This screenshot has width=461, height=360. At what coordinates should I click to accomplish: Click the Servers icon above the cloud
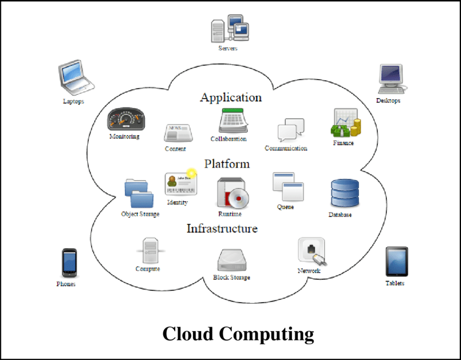point(229,29)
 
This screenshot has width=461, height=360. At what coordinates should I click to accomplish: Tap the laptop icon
point(75,78)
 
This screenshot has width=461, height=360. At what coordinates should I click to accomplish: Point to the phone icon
point(69,263)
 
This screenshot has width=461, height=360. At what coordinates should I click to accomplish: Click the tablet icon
point(396,261)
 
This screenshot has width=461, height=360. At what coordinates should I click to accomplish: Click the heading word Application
point(230,98)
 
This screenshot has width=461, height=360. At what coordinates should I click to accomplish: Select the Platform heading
point(227,164)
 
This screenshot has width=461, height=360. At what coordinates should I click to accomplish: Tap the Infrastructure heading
point(222,228)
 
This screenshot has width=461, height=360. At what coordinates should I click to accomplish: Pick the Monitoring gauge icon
point(126,119)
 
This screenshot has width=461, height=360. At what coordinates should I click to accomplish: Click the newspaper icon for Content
point(178,133)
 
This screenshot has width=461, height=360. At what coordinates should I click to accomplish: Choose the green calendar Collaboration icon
point(233,120)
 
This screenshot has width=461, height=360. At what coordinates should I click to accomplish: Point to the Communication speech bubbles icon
point(291,130)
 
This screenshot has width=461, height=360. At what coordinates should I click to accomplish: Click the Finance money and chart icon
point(345,123)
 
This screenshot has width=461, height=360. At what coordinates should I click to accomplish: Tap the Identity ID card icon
point(181,184)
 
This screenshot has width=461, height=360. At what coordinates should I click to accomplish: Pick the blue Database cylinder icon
point(345,193)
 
